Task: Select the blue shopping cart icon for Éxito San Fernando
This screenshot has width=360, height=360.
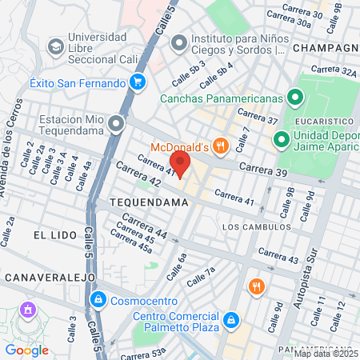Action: (x=138, y=82)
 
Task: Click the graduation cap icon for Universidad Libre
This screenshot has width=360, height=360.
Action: (x=55, y=46)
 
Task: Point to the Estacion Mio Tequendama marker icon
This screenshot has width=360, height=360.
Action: (x=118, y=124)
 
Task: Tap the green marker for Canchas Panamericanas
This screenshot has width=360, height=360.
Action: (x=294, y=98)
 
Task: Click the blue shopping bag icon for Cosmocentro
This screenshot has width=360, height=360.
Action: (x=98, y=301)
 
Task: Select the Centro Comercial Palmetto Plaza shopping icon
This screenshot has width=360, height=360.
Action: (x=230, y=320)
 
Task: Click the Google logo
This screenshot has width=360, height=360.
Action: (x=27, y=350)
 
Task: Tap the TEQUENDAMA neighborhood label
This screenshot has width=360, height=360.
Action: (x=149, y=203)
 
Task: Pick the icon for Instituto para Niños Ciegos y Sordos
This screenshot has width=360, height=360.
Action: (x=178, y=42)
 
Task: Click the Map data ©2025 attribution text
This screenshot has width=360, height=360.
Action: (x=326, y=353)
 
